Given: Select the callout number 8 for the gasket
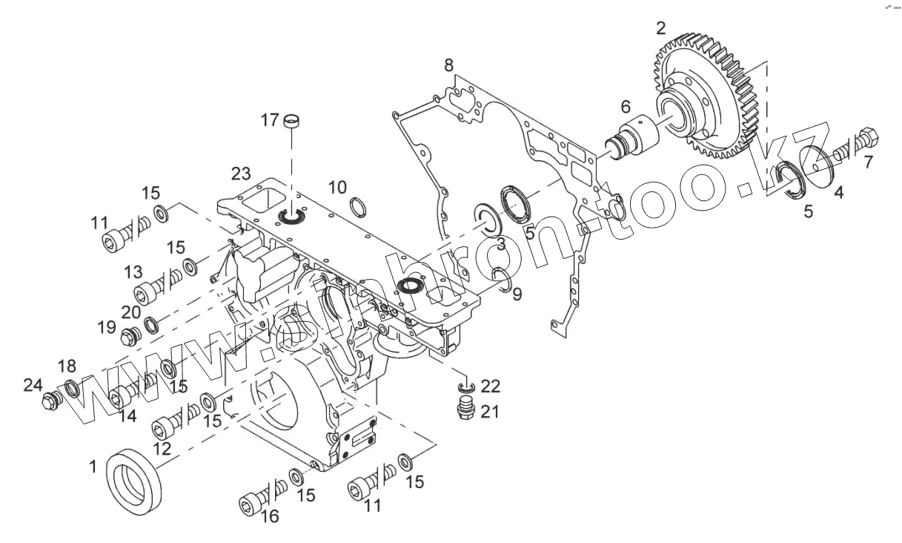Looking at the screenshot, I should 449,65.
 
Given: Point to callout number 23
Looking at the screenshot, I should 241,174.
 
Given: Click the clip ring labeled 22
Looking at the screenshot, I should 466,388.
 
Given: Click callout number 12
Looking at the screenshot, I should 162,448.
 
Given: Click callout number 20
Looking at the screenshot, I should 131,312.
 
